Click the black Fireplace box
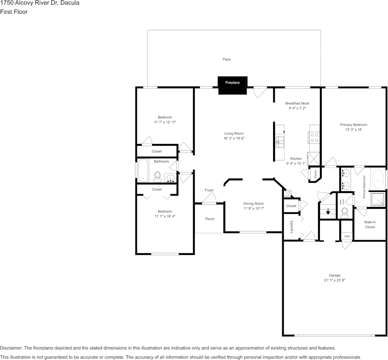232,83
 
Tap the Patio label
227,59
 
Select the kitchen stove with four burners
315,137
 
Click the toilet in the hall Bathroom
157,177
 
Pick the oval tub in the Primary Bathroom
378,179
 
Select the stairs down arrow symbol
328,211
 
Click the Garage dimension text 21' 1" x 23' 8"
335,280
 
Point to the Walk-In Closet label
370,224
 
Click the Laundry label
292,227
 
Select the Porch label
210,219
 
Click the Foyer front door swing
210,198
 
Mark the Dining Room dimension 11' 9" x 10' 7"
254,209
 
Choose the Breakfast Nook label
297,103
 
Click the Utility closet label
347,236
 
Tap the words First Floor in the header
14,12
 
